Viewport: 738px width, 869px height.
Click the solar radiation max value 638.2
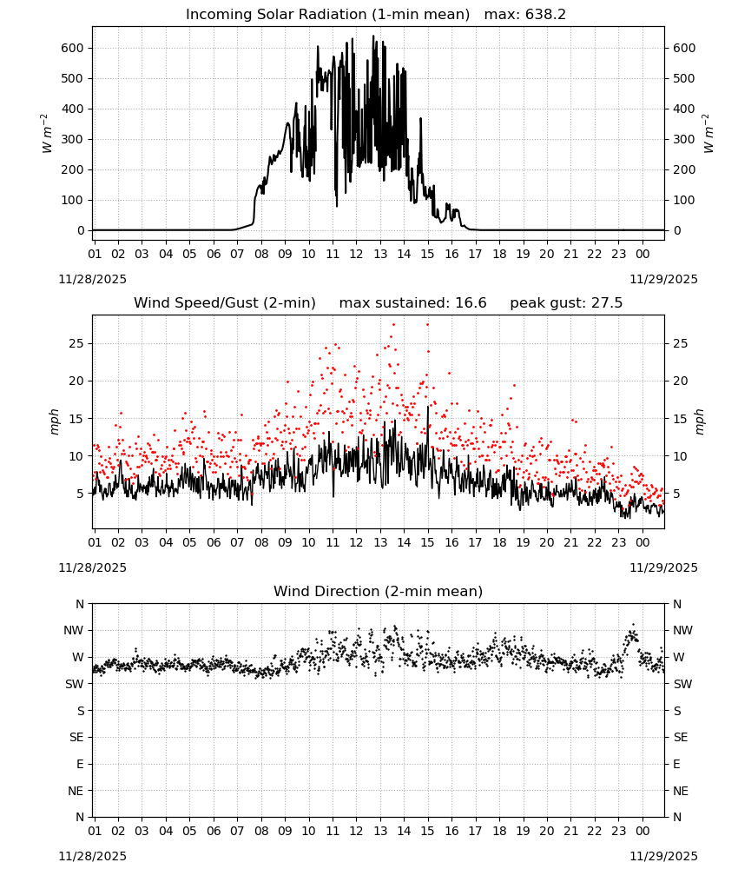[545, 15]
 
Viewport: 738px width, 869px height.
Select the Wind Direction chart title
[379, 591]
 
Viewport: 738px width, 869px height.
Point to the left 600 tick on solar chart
[72, 48]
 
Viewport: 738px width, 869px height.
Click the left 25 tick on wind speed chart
[76, 343]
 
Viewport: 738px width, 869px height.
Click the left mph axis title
[54, 421]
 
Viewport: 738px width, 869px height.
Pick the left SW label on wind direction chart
[74, 685]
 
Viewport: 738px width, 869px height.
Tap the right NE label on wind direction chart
[681, 792]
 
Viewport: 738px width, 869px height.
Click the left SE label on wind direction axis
[76, 738]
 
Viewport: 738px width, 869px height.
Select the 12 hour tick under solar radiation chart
[356, 254]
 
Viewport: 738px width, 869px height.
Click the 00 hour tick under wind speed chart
[642, 542]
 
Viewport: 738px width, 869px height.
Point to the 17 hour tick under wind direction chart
[475, 831]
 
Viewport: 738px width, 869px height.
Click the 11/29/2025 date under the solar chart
[663, 279]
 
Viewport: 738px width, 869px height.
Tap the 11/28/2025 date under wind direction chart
[92, 856]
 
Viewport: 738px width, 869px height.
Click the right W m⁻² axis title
[708, 134]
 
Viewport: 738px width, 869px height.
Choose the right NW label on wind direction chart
[682, 631]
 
